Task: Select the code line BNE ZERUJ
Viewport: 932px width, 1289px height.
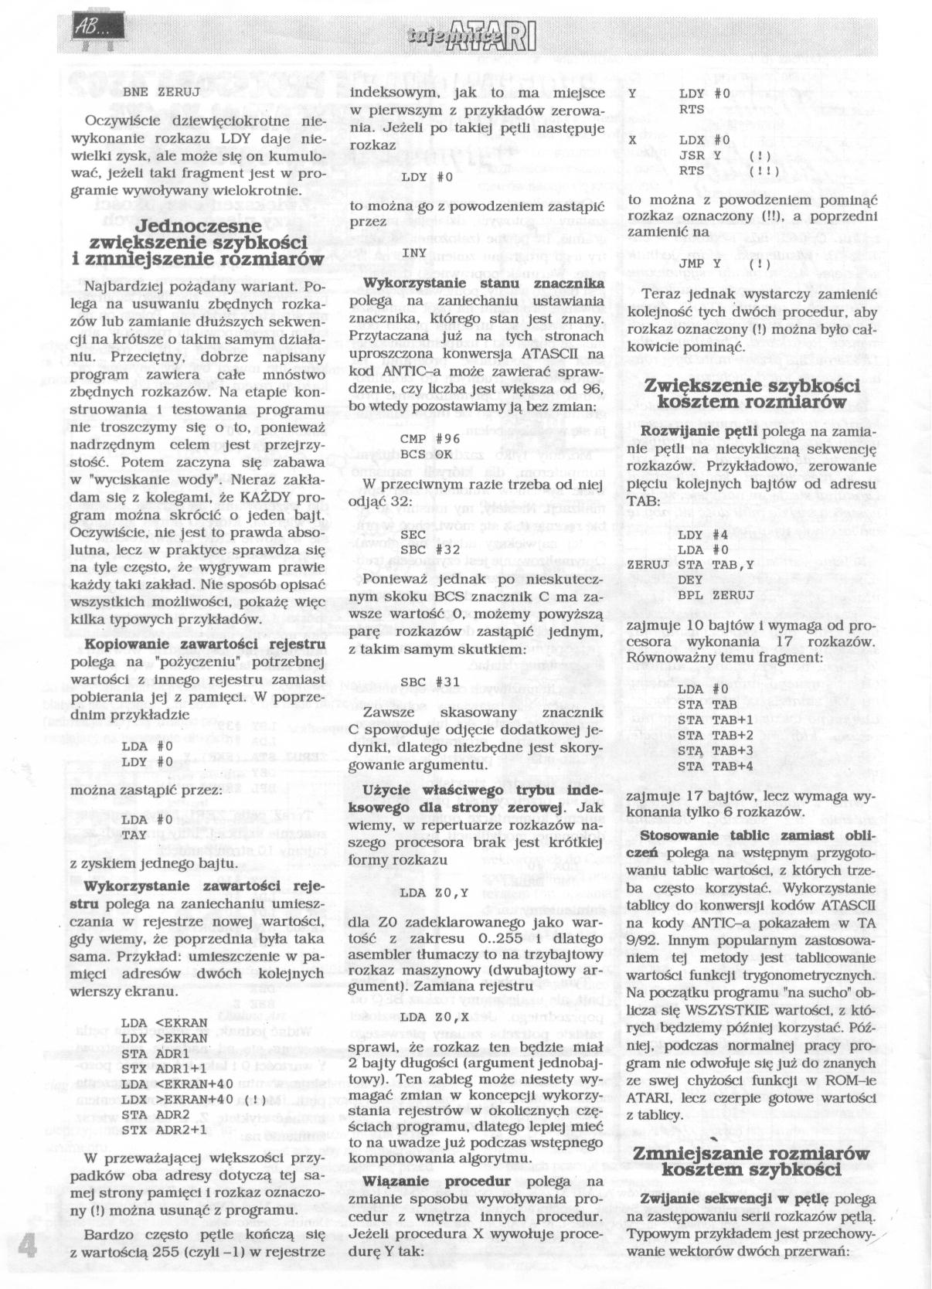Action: [157, 90]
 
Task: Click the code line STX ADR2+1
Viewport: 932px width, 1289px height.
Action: [164, 1130]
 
